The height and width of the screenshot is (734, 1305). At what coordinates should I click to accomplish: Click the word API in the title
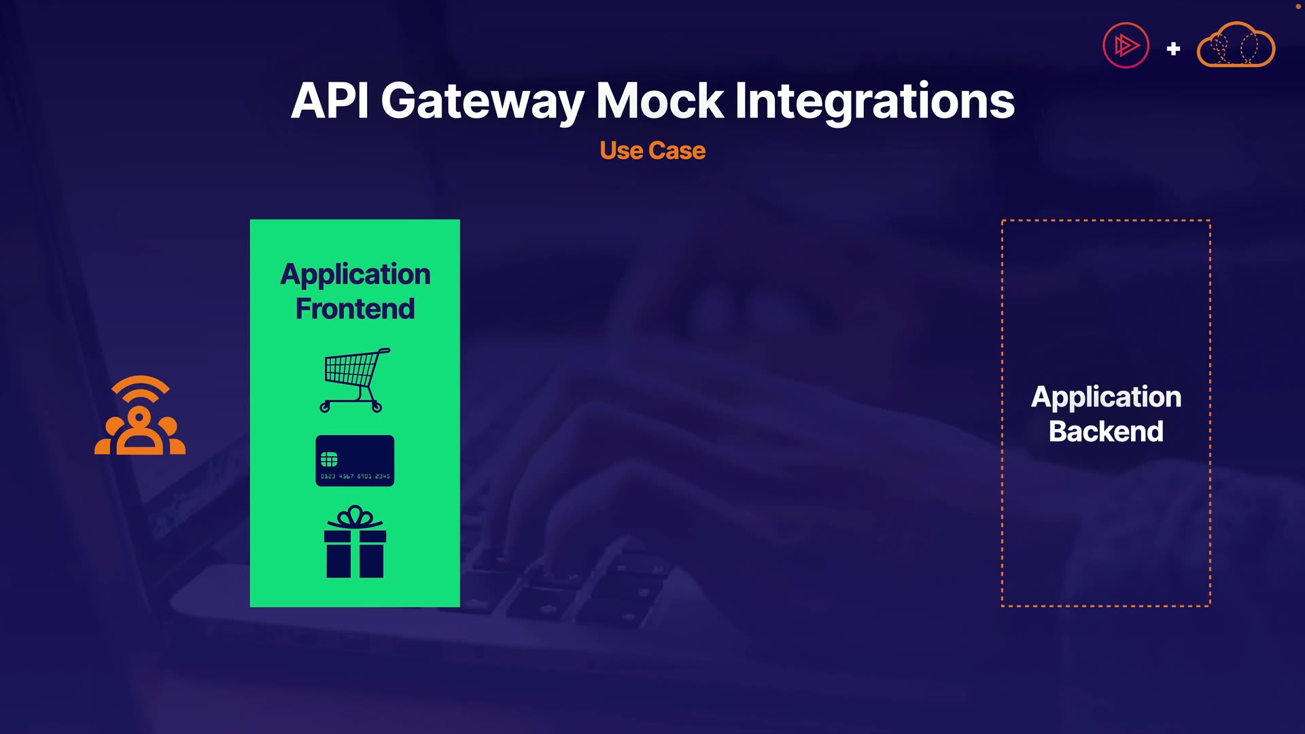(x=330, y=101)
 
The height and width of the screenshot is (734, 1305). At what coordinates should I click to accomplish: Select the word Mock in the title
(x=659, y=101)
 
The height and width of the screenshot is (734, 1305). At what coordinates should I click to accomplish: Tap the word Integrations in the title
(x=875, y=101)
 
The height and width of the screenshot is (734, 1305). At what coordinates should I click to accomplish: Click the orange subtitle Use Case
(x=652, y=150)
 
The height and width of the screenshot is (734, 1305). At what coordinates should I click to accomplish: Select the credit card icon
(x=355, y=461)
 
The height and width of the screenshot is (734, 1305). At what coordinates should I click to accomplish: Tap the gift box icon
(x=355, y=542)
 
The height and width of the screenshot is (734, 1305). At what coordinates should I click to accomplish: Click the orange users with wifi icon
(x=140, y=415)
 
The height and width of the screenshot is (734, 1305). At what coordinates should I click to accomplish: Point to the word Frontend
(x=355, y=309)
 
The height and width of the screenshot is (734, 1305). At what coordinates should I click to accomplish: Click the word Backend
(x=1106, y=432)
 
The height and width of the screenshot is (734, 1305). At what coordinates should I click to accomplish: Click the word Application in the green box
(x=355, y=274)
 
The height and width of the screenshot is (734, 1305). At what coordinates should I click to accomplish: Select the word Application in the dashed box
(x=1106, y=397)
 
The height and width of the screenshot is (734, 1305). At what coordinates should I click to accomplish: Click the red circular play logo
(x=1126, y=46)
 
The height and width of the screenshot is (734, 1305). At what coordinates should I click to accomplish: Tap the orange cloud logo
(x=1236, y=45)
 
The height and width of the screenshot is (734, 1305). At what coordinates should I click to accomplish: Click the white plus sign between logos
(x=1173, y=49)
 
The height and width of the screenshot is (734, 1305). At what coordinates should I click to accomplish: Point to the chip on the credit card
(x=329, y=459)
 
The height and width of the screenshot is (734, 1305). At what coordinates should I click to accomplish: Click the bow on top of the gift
(x=355, y=517)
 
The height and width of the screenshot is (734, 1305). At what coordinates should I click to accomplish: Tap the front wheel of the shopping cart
(x=325, y=408)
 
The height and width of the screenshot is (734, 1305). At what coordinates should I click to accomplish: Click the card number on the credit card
(x=355, y=476)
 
